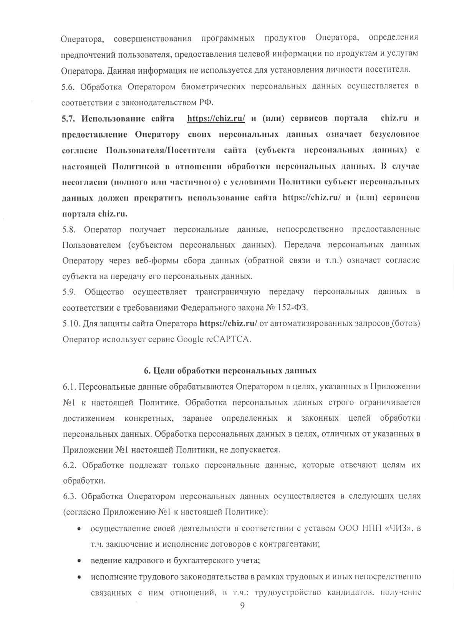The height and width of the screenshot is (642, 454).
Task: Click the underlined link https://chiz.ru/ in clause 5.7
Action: [x=216, y=119]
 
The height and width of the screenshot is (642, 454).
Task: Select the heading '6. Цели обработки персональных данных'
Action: [x=230, y=370]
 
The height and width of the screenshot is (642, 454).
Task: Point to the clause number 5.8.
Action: [x=69, y=229]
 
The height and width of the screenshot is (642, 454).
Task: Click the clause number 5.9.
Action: [x=69, y=292]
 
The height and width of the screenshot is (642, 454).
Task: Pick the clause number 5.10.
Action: [x=71, y=323]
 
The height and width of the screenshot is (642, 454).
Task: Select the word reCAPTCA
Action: [x=228, y=339]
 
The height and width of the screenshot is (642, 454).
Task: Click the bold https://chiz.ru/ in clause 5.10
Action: [x=229, y=323]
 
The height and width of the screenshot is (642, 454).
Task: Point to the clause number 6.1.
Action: [x=69, y=387]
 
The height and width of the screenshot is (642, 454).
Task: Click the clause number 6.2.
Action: [x=69, y=465]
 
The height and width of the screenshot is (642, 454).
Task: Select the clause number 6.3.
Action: [x=69, y=496]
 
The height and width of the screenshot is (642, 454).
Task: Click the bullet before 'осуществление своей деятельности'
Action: [x=79, y=529]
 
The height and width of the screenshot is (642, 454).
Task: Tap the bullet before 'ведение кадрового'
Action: [x=79, y=560]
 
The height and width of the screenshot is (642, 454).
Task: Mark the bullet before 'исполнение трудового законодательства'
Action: [x=79, y=576]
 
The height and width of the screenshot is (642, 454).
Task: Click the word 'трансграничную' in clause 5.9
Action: [x=227, y=292]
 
